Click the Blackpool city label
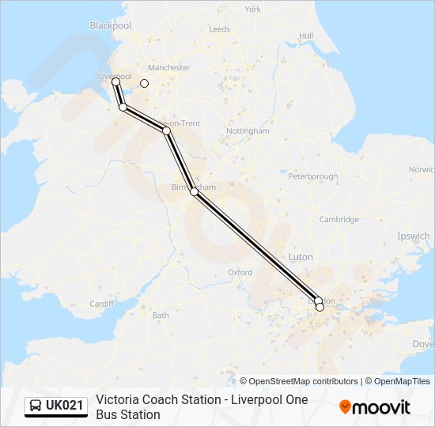(x=110, y=25)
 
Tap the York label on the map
(x=253, y=9)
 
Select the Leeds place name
(x=219, y=29)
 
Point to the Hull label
(x=306, y=36)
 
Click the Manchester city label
(x=169, y=68)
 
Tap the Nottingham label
(x=248, y=130)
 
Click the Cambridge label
(x=339, y=220)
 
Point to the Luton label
(x=301, y=257)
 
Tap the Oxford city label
(x=240, y=272)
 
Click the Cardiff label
(x=102, y=304)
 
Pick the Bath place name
(x=161, y=316)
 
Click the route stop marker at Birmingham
(x=194, y=191)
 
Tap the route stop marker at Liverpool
(x=115, y=81)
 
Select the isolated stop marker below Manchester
(x=144, y=82)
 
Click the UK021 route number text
(x=64, y=406)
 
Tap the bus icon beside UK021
(x=36, y=406)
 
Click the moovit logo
(x=375, y=407)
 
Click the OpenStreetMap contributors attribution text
(x=299, y=381)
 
